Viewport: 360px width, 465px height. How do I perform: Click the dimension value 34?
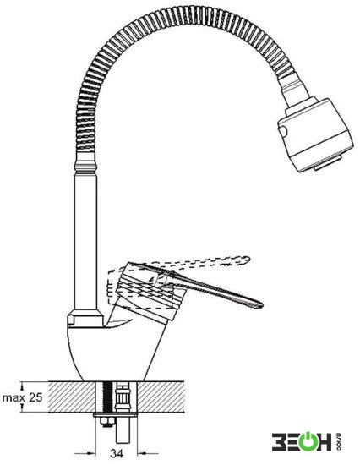coord(117,453)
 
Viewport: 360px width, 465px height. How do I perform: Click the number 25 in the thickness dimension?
coord(35,397)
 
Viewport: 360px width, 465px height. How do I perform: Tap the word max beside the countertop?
coord(14,398)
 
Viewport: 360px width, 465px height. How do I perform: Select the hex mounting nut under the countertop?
coord(106,421)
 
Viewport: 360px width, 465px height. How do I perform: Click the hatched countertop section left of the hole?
coord(72,397)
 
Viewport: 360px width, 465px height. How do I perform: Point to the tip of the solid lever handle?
coord(262,305)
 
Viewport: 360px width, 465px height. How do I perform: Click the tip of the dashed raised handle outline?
coord(249,260)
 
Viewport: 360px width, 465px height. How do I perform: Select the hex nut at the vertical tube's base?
coord(85,318)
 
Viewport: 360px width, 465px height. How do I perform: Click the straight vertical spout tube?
coord(85,240)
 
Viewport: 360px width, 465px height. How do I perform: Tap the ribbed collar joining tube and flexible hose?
coord(85,166)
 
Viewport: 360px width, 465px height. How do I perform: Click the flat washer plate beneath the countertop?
coord(116,415)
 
